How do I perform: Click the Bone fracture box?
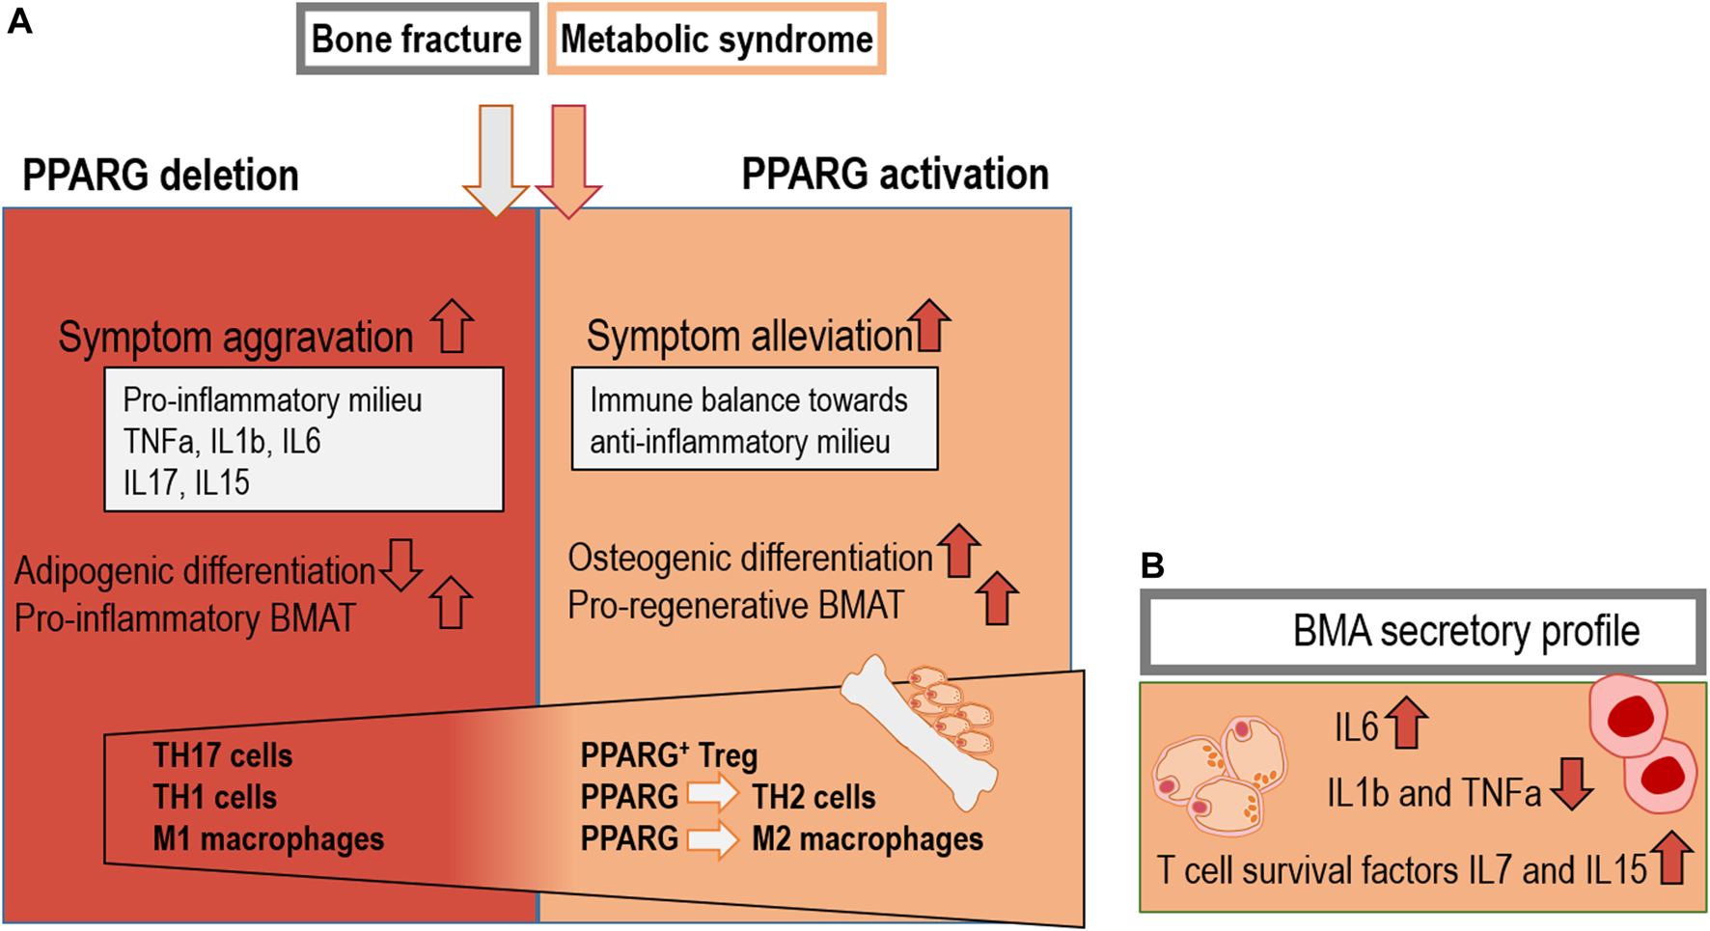tap(417, 40)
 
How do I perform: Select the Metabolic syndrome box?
tap(716, 40)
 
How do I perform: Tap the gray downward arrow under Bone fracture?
tap(496, 159)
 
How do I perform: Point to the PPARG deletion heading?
tap(160, 176)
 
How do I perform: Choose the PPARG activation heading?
tap(895, 175)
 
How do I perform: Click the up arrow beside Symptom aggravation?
tap(452, 325)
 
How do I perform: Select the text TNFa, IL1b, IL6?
tap(221, 441)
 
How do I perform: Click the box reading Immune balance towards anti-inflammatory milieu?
tap(754, 420)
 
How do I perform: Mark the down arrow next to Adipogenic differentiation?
tap(400, 564)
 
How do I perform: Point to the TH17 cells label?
tap(222, 755)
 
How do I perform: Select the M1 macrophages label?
tap(267, 839)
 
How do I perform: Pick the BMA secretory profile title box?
tap(1422, 632)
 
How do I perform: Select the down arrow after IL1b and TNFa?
tap(1572, 783)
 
